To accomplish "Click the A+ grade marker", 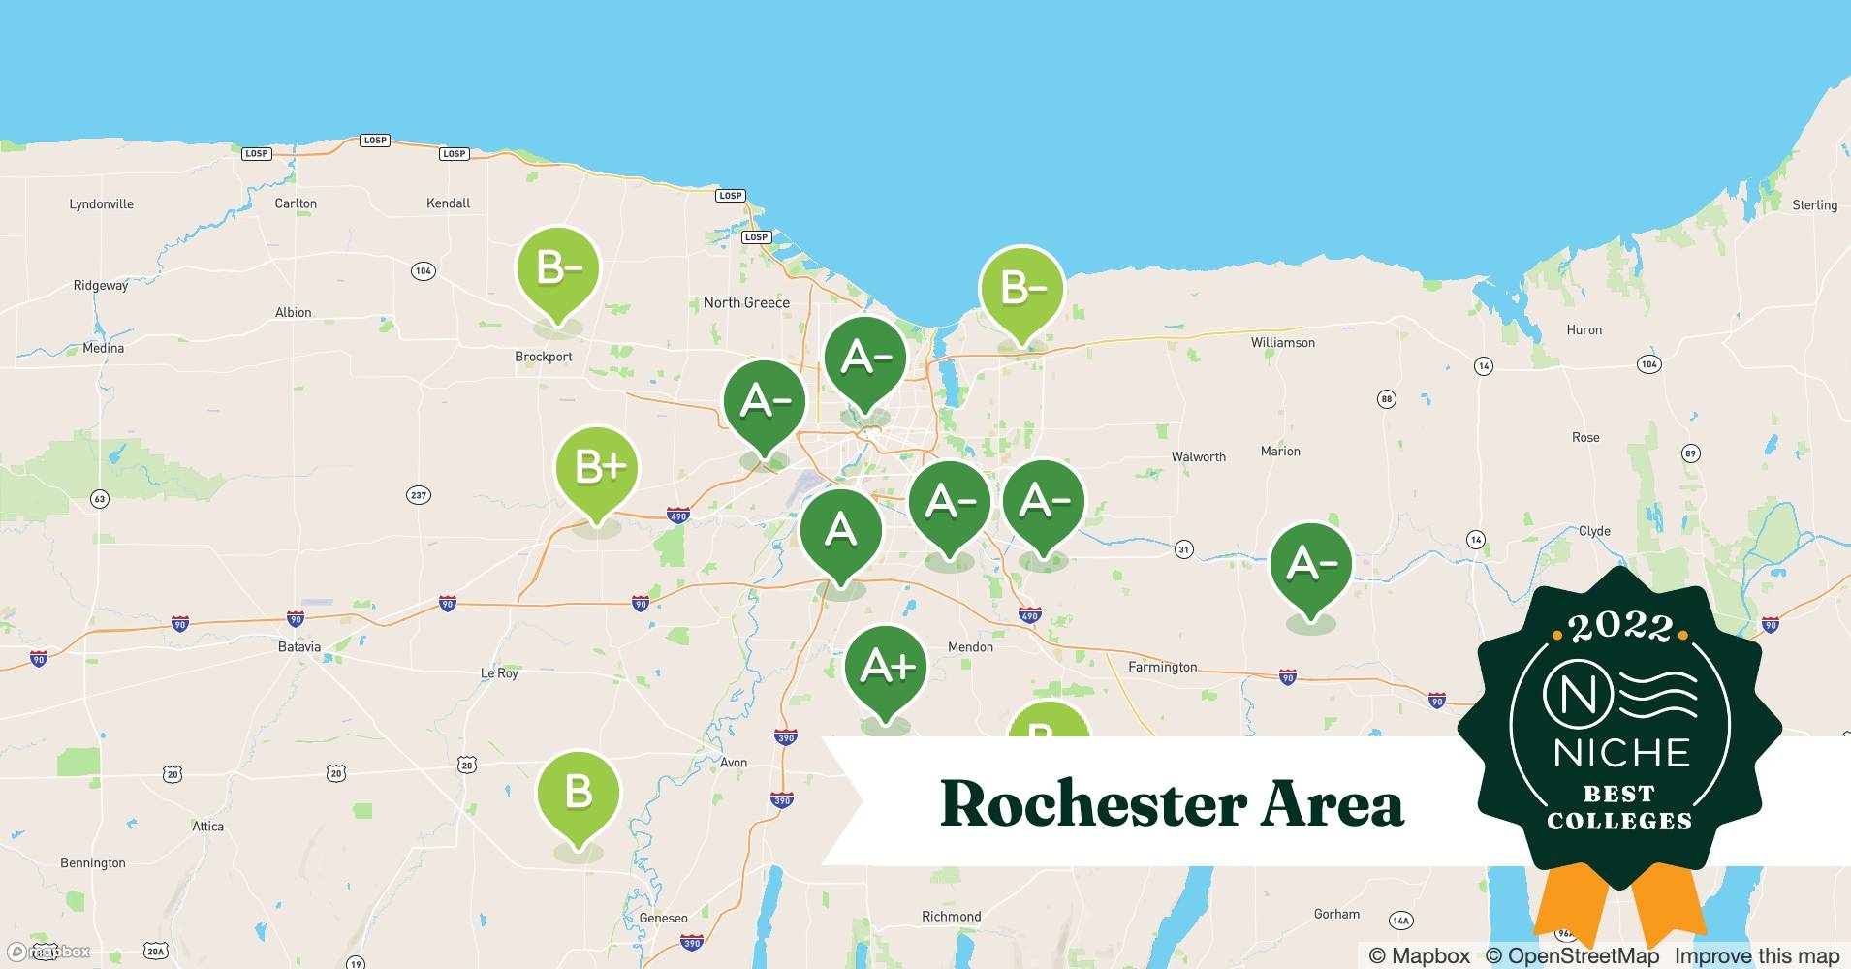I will pos(886,668).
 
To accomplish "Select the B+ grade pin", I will pos(597,468).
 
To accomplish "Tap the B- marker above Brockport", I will pos(557,268).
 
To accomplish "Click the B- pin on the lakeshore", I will pos(1021,288).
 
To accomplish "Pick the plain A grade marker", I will pos(840,531).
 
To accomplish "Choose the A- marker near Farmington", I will pos(1310,564).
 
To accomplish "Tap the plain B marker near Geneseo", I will pos(579,793).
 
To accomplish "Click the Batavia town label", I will pos(298,647).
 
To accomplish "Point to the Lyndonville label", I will pos(102,204).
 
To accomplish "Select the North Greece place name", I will pos(746,302).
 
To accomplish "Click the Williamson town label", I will pos(1282,343).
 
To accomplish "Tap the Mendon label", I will pos(970,647).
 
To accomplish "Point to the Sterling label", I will pos(1814,205).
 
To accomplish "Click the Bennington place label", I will pos(93,863).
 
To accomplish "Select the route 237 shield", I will pos(418,495).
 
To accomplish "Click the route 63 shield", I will pos(100,499).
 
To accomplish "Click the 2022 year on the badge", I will pos(1620,628).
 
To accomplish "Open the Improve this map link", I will pos(1756,956).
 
